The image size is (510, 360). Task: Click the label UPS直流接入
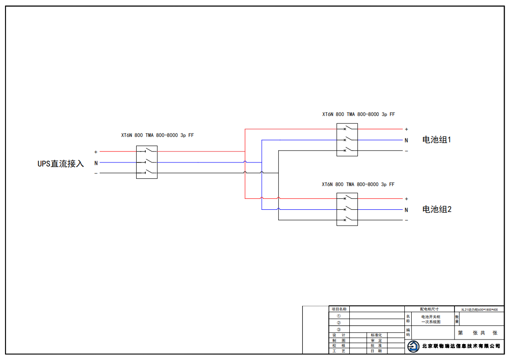point(61,163)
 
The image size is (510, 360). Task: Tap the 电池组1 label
point(437,140)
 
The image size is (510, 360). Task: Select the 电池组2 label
point(437,209)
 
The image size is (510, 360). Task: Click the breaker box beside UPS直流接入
point(147,162)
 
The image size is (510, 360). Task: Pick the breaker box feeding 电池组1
point(347,140)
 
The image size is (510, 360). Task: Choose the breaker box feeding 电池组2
point(347,209)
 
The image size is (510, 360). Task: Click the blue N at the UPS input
point(96,162)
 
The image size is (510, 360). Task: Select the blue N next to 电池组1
point(406,140)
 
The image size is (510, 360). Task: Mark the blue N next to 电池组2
point(406,210)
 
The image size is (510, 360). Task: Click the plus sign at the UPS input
point(96,152)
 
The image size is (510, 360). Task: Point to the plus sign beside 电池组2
point(406,199)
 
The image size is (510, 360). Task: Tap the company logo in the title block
point(413,346)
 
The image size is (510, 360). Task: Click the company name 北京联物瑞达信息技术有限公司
point(461,346)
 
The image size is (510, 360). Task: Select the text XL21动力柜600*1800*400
point(479,309)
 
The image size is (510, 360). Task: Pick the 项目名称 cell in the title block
point(339,309)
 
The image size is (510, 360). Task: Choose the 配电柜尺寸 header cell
point(429,309)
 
